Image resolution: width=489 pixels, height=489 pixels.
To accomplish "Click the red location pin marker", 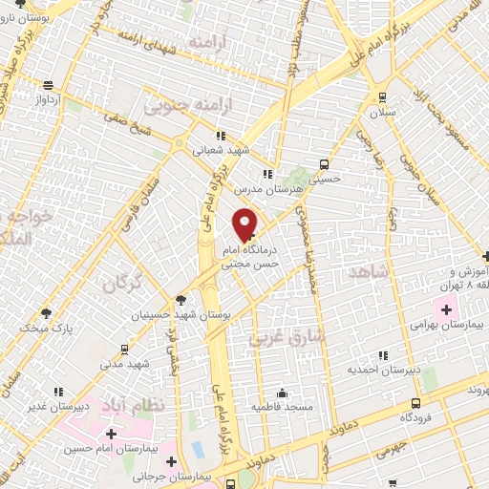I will (245, 223).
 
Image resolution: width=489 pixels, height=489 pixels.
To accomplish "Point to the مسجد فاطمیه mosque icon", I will (282, 393).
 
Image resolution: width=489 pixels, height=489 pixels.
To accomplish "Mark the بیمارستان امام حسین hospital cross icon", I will (113, 434).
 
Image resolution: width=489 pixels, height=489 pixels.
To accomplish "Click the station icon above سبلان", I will (382, 96).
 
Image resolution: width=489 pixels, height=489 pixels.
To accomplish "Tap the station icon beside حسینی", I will (325, 163).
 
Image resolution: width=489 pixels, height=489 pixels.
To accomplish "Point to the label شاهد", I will (372, 272).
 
